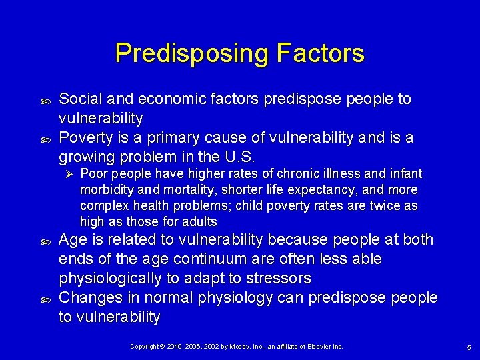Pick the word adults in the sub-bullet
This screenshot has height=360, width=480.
coord(198,222)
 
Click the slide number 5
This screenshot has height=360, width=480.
coord(469,347)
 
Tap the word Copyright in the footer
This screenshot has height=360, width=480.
coord(145,347)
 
